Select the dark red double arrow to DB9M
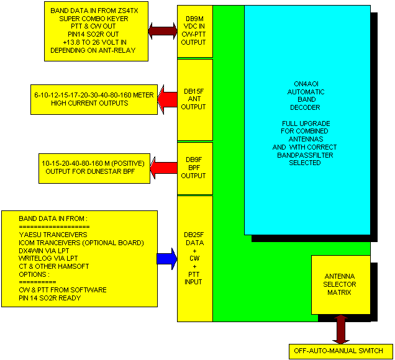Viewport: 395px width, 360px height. point(163,30)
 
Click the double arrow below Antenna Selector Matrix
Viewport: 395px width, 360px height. point(340,328)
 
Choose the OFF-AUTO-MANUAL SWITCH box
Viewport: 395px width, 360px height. point(340,351)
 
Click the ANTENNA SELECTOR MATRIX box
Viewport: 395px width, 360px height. point(340,284)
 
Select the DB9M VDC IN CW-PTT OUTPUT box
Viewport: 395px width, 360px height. point(194,30)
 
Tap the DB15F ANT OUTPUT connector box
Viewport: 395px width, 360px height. point(194,99)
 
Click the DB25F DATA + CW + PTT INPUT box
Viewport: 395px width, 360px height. point(194,258)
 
